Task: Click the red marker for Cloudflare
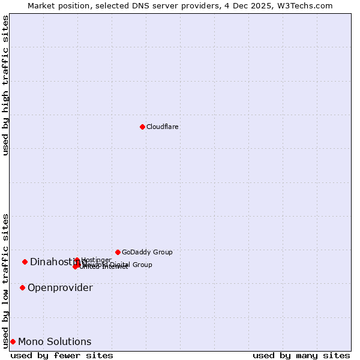tap(142, 127)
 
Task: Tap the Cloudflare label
tap(162, 127)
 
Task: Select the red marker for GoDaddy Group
tap(118, 252)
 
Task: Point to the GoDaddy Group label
tap(147, 253)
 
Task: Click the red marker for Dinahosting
tap(25, 262)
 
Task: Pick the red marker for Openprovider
tap(22, 288)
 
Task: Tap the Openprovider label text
tap(60, 288)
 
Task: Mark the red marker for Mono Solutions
tap(13, 342)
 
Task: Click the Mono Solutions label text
tap(55, 342)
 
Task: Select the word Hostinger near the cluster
tap(96, 260)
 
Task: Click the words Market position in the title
tap(60, 5)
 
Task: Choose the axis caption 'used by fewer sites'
tap(61, 355)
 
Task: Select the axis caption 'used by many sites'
tap(301, 355)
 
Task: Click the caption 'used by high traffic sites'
tap(5, 85)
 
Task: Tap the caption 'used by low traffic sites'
tap(5, 281)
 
